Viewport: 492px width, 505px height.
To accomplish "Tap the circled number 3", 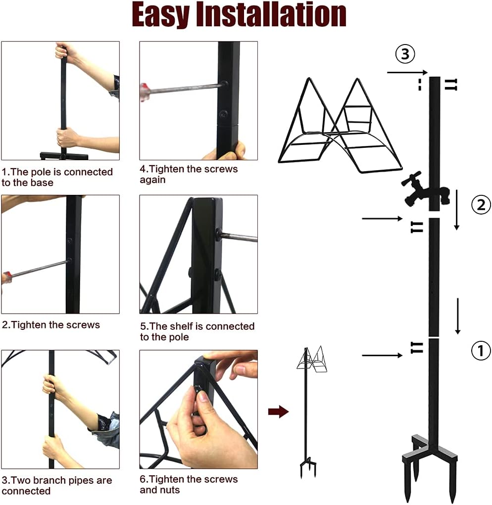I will click(x=405, y=54).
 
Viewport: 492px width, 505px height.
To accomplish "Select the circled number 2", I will click(x=480, y=204).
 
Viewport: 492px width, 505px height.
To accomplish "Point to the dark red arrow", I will click(x=278, y=412).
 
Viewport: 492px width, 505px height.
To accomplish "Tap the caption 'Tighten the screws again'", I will click(x=189, y=174).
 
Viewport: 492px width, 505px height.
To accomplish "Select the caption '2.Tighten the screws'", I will click(x=51, y=325).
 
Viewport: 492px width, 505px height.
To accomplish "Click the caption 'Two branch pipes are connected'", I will click(x=57, y=485).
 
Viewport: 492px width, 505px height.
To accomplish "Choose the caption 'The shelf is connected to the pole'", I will click(x=197, y=331).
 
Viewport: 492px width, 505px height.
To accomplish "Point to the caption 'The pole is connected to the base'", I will click(x=57, y=177).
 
